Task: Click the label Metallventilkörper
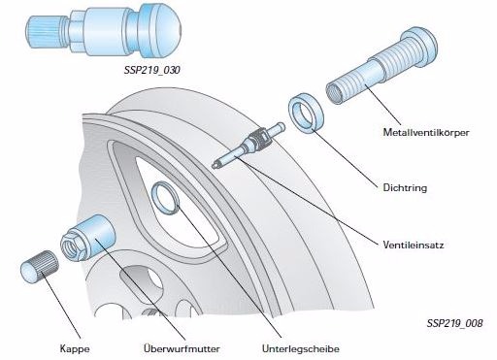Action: (x=426, y=133)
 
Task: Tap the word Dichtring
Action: (x=405, y=188)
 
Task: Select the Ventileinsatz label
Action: (x=414, y=245)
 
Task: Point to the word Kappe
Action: (x=75, y=348)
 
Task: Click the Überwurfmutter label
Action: (x=182, y=348)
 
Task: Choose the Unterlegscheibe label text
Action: (x=301, y=349)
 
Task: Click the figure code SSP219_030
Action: (x=152, y=70)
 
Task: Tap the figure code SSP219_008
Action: (x=454, y=323)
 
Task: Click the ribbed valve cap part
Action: (x=40, y=267)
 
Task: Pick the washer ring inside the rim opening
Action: (x=165, y=198)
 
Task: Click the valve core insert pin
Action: (x=248, y=145)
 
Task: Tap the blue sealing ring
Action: (x=306, y=113)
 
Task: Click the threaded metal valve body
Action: (x=381, y=66)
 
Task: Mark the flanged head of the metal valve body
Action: (x=419, y=47)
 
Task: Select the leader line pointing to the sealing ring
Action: (x=345, y=158)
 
